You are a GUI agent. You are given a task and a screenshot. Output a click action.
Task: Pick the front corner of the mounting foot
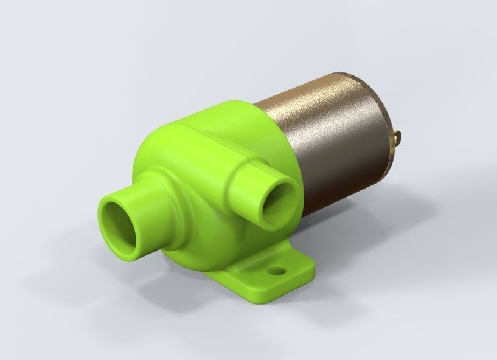click(256, 298)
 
